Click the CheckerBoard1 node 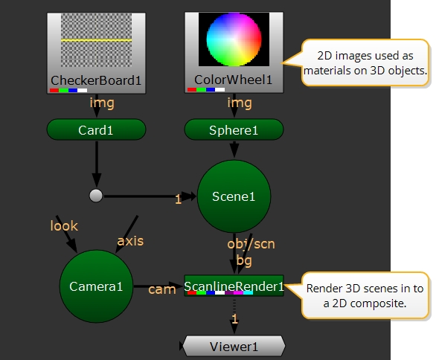click(96, 53)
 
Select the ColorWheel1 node click(234, 52)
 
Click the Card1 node click(96, 129)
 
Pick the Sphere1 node click(234, 129)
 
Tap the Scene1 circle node click(234, 196)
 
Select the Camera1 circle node click(96, 286)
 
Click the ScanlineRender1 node click(234, 286)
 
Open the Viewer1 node click(234, 347)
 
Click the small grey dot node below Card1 click(96, 196)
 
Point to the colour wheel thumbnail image click(234, 39)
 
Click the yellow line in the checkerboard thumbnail click(96, 40)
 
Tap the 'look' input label click(64, 225)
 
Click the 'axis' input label click(130, 241)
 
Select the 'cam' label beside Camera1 click(162, 289)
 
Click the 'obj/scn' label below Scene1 click(251, 244)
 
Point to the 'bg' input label click(244, 260)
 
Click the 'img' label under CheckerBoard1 click(102, 103)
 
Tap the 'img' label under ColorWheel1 click(240, 103)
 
